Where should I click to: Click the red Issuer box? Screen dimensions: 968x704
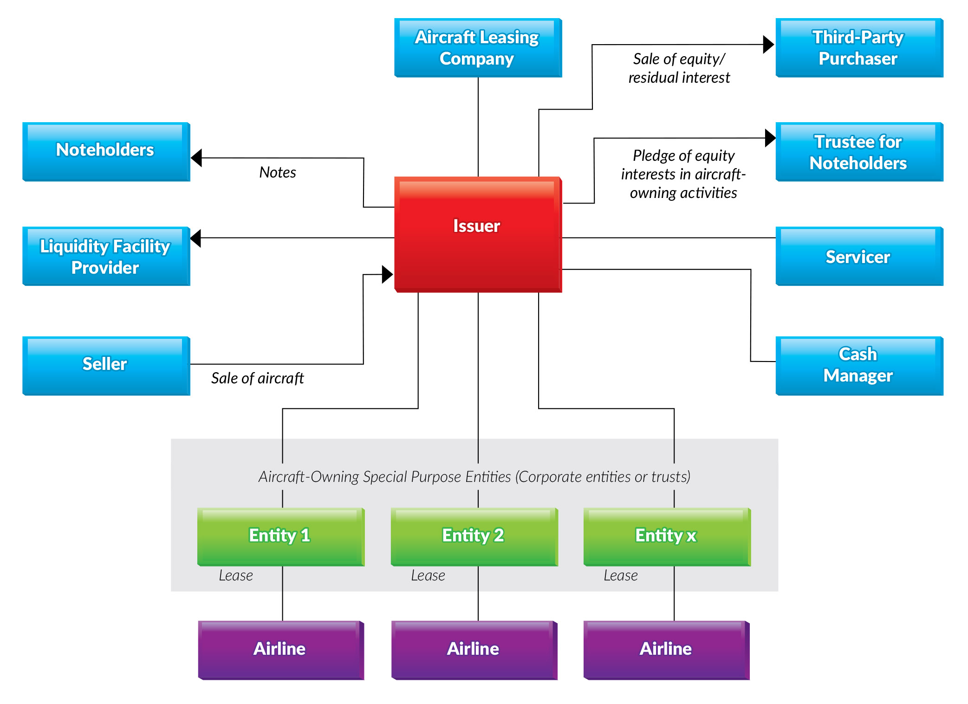point(478,234)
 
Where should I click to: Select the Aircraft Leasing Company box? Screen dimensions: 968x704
point(478,48)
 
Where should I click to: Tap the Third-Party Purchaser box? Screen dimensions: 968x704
point(859,48)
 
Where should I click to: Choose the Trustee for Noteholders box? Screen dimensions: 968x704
point(859,152)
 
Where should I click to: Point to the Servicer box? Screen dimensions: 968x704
point(859,256)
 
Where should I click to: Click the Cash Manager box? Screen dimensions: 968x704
point(859,366)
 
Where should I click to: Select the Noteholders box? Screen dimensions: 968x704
point(106,152)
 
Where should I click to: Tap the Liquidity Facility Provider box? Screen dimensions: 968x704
point(106,256)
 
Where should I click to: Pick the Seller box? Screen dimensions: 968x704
point(106,366)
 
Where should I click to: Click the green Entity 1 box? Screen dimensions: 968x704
point(281,537)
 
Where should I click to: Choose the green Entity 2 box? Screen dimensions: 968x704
point(474,537)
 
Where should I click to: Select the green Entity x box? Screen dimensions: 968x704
point(667,537)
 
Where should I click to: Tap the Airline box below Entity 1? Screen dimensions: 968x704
point(281,650)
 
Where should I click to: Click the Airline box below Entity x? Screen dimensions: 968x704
point(667,650)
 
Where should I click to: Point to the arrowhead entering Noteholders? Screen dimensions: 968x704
point(196,158)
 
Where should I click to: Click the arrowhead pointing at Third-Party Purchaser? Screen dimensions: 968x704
point(768,45)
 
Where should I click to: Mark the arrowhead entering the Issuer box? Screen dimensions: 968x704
point(388,274)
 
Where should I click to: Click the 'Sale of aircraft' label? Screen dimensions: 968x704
point(257,378)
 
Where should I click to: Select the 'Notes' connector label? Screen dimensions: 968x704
point(278,172)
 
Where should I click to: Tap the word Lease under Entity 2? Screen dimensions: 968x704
point(428,576)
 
